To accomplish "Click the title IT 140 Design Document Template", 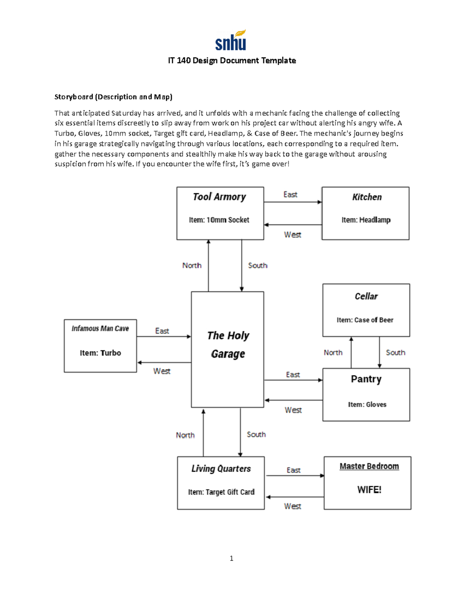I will tap(232, 61).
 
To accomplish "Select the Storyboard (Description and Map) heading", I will tap(113, 97).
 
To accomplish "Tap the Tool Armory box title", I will tap(219, 197).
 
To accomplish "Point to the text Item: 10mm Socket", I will tap(219, 220).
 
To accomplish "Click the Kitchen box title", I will tap(367, 197).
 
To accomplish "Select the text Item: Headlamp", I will tap(366, 220).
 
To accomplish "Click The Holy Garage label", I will tap(228, 345).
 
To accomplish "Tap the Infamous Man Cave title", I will tap(100, 328).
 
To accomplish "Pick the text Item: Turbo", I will tap(100, 353).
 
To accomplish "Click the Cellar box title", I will tap(366, 296).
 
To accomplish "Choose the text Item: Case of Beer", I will tap(365, 320).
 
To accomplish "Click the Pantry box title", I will tap(366, 379).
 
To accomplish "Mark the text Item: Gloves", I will tap(367, 405).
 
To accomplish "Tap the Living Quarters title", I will tap(221, 469).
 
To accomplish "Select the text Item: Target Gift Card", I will tap(221, 492).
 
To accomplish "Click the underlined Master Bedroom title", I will tap(369, 466).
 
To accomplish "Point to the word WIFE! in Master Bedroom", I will tap(369, 490).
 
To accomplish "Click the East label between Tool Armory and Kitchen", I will tap(290, 195).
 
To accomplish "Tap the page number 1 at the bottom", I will tap(231, 558).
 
